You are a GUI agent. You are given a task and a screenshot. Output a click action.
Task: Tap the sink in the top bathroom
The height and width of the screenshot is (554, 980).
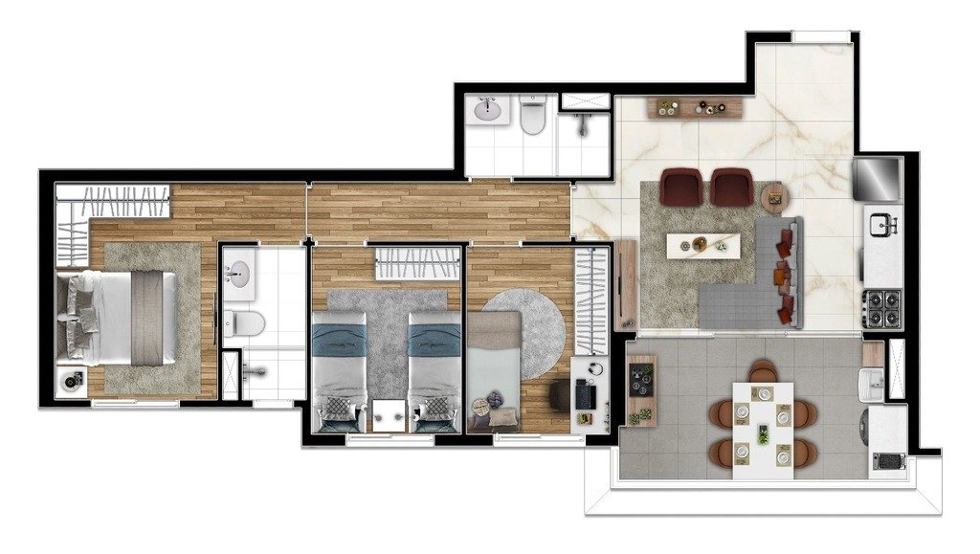click(x=489, y=111)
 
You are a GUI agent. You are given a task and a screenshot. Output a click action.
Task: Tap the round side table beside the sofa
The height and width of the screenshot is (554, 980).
click(x=773, y=198)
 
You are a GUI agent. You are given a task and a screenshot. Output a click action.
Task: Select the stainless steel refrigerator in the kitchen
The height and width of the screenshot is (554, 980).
click(x=878, y=177)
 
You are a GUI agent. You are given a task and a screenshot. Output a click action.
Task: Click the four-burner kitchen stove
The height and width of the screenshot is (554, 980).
click(x=881, y=308)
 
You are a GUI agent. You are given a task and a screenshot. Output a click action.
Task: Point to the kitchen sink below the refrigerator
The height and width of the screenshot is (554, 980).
click(x=882, y=226)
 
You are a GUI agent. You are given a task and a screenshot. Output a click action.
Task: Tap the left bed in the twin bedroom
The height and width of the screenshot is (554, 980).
click(x=340, y=369)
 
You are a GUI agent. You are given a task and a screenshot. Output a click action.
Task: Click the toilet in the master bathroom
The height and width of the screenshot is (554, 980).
click(x=245, y=321)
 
